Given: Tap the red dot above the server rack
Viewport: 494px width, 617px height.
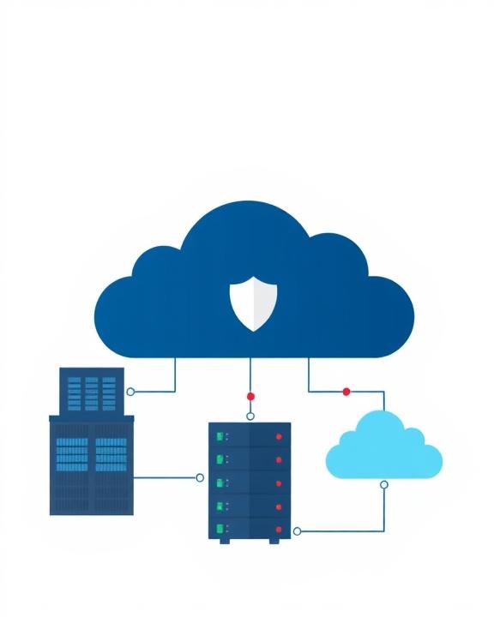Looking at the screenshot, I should [250, 396].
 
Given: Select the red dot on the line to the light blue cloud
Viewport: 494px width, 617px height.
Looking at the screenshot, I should [346, 392].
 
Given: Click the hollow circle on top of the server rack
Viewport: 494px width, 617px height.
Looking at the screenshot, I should [250, 416].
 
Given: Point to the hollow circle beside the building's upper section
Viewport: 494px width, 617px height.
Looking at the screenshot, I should [130, 392].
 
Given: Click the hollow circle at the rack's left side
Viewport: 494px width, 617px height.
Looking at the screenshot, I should [200, 477].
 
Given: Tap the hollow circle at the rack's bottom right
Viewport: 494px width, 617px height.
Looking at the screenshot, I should [298, 531].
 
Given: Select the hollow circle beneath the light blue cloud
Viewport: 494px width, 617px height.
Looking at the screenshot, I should [383, 484].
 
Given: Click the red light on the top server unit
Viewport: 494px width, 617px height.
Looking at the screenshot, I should [278, 436].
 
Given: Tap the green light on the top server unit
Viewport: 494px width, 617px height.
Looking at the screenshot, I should [220, 436].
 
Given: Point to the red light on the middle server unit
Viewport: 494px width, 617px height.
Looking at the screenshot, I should [278, 482].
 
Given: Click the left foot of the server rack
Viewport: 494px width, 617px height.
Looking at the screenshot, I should [225, 541].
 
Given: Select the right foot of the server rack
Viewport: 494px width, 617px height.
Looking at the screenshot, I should [274, 541].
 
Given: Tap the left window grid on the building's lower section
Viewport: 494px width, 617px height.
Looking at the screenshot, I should [70, 453].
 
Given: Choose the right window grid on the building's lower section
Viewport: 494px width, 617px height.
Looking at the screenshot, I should [111, 453].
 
